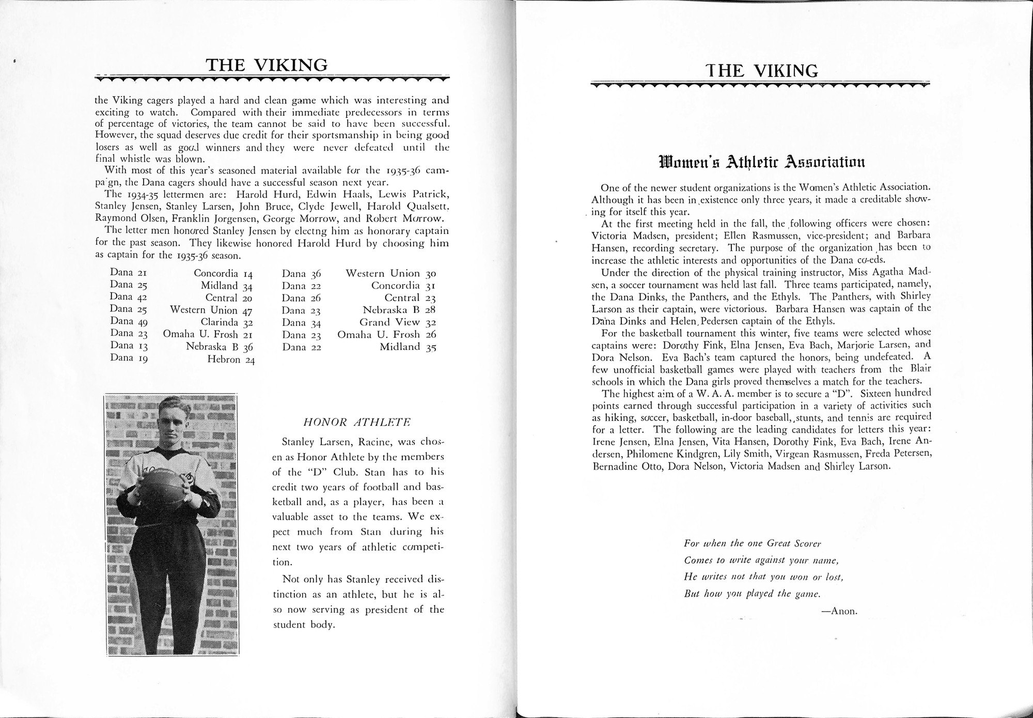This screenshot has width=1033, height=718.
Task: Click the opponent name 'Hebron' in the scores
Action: point(224,360)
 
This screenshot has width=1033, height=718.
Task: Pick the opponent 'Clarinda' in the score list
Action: point(220,323)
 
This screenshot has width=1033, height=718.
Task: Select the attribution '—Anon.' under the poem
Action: point(839,611)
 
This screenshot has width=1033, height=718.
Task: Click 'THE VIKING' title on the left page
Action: point(267,65)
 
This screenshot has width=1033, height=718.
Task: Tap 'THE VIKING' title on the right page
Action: point(762,71)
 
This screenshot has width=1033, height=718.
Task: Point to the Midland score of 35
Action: point(431,348)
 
